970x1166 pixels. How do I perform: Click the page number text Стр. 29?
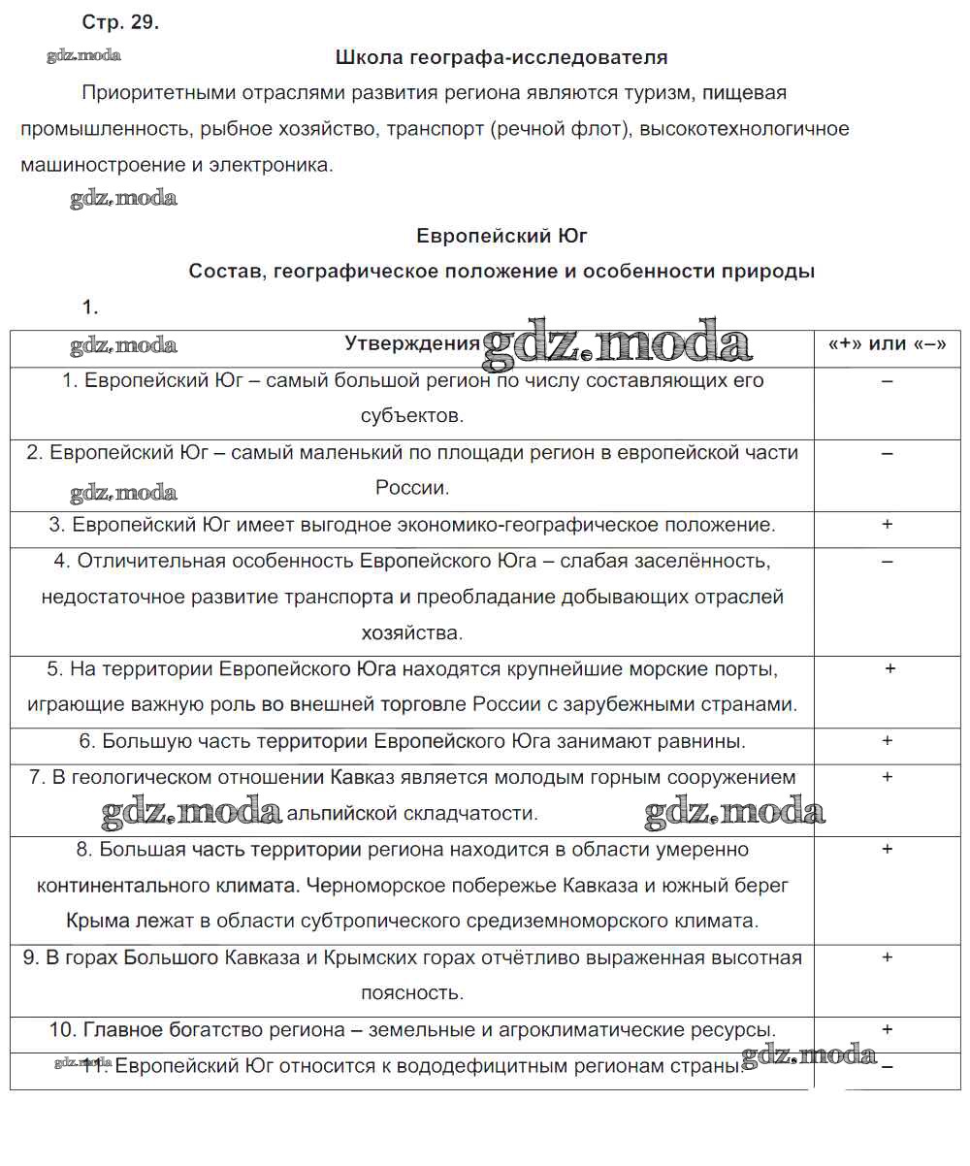point(120,24)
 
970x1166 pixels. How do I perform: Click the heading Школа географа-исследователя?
point(501,57)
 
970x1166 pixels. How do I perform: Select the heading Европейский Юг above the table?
point(501,236)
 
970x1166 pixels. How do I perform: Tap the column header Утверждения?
point(412,343)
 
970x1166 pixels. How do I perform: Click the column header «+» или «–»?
point(887,344)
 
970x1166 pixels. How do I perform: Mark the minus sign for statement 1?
point(887,381)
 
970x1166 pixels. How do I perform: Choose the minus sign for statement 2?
point(887,453)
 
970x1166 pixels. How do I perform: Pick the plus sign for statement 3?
point(887,525)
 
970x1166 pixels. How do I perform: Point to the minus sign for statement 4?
point(887,562)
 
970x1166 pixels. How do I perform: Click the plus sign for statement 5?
point(889,669)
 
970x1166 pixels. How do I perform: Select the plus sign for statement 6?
point(887,741)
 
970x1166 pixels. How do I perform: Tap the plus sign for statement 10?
point(887,1029)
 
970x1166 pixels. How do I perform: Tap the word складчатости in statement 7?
point(469,814)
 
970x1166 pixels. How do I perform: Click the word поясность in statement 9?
point(412,993)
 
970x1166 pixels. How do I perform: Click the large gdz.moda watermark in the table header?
point(617,342)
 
